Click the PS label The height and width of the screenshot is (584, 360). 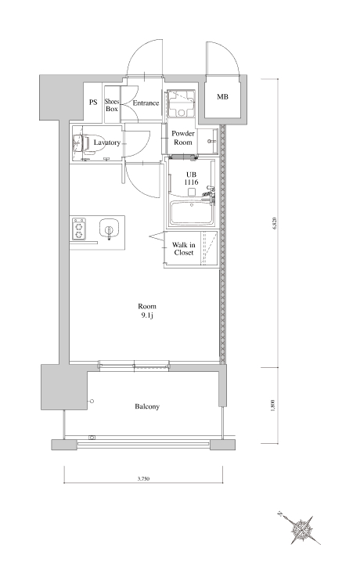click(x=93, y=102)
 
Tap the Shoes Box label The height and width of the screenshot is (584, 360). click(x=112, y=105)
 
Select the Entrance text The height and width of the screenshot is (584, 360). click(x=146, y=103)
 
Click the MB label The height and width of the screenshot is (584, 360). click(x=222, y=97)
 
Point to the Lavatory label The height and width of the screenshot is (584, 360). click(x=107, y=142)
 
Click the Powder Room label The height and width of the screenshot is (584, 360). click(x=183, y=138)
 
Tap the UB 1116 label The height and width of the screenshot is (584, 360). click(x=192, y=178)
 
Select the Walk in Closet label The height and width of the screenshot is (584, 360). click(x=184, y=249)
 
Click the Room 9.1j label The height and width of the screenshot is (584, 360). click(x=147, y=311)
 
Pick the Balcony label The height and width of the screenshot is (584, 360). click(x=147, y=406)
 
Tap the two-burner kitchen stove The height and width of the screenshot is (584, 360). click(x=78, y=229)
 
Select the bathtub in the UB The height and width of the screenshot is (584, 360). click(x=192, y=213)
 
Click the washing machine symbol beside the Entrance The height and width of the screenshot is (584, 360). click(x=181, y=103)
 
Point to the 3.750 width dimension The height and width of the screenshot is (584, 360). click(x=143, y=478)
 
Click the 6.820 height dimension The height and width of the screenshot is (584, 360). click(x=275, y=224)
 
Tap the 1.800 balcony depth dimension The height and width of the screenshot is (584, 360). click(x=273, y=406)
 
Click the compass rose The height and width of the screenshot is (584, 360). click(x=301, y=529)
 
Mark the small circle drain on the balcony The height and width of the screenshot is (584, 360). click(x=92, y=401)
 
